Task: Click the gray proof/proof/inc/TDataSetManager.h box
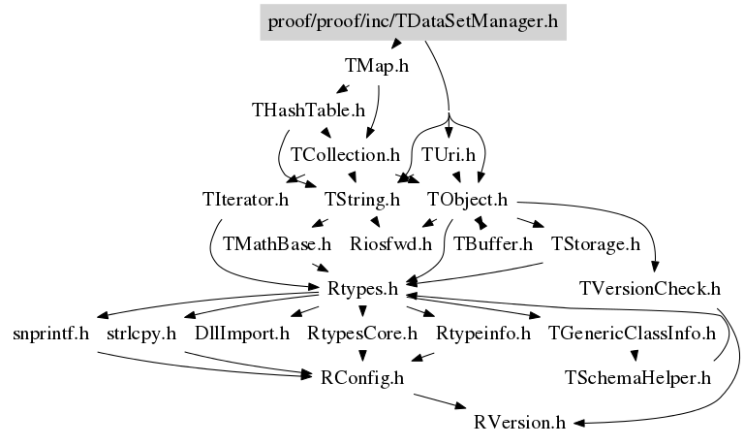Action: (413, 20)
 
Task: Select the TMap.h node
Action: (376, 67)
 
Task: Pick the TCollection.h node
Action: (345, 153)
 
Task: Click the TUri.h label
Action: (449, 153)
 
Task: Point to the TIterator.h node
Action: (246, 201)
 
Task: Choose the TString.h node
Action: (361, 201)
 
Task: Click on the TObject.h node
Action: (468, 201)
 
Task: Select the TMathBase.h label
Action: (277, 243)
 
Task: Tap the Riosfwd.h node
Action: (390, 243)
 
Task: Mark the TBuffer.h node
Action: (493, 243)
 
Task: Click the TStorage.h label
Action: (595, 243)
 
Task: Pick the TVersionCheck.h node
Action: (650, 288)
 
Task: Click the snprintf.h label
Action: (51, 334)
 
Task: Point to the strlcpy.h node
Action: (141, 334)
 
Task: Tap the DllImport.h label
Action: (241, 334)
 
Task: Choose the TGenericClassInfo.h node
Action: (632, 334)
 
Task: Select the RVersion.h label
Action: (519, 423)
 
